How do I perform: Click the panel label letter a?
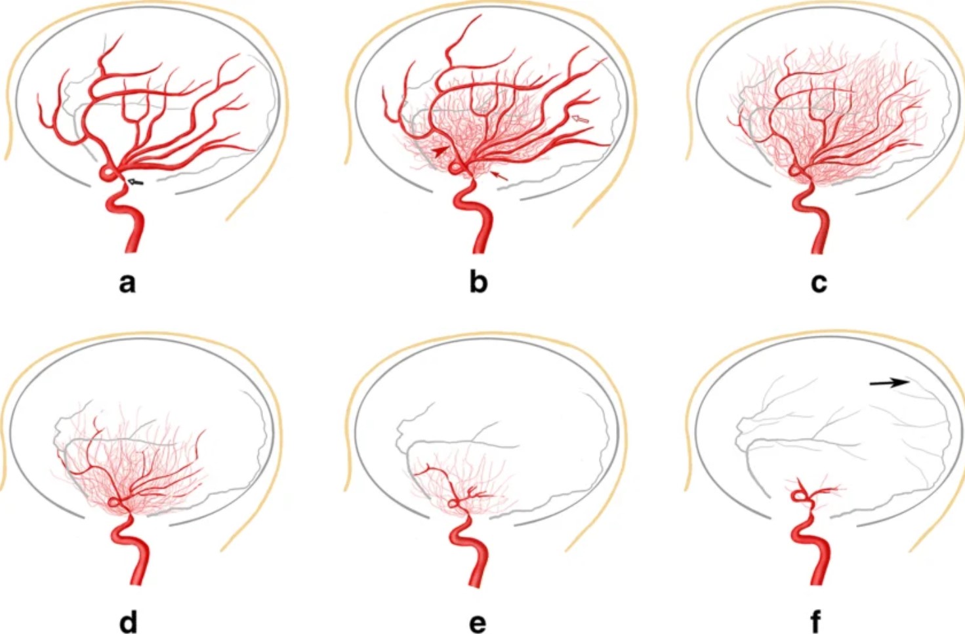click(x=127, y=283)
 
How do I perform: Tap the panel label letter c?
click(x=819, y=283)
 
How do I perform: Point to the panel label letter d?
click(x=128, y=620)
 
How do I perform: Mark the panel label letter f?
click(x=815, y=620)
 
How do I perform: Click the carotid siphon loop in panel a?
click(x=108, y=173)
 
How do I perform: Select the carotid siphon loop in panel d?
click(x=113, y=502)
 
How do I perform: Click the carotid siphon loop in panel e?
click(x=453, y=503)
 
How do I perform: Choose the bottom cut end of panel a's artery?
click(x=132, y=250)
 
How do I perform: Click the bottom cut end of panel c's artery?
click(x=818, y=251)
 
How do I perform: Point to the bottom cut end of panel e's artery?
click(x=476, y=585)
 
